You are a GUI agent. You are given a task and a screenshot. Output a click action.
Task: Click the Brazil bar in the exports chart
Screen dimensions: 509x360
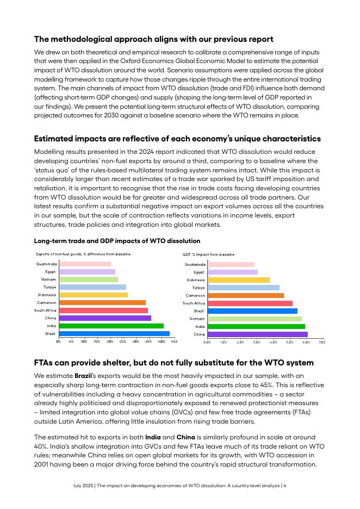tap(114, 333)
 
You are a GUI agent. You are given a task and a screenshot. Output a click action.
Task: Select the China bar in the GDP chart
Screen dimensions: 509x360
tap(257, 334)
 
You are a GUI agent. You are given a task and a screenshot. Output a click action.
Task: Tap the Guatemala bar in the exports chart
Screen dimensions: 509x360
tap(85, 264)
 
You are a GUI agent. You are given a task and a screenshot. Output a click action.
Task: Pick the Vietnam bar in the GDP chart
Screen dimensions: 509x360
tap(255, 319)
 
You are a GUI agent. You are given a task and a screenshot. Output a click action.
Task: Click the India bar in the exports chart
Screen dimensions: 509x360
tap(111, 326)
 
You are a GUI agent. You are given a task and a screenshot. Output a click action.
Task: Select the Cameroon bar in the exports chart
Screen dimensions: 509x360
tap(102, 302)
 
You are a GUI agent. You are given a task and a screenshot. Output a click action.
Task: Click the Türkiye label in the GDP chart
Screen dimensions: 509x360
tap(198, 288)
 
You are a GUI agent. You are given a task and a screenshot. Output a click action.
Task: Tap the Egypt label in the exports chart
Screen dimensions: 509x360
tap(50, 271)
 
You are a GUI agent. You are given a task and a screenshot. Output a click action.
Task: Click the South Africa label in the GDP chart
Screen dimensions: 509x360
tap(194, 303)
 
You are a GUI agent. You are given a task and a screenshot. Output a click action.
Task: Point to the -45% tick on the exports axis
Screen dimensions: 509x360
tap(173, 342)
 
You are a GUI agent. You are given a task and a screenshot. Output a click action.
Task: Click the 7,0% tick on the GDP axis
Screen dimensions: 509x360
tap(322, 343)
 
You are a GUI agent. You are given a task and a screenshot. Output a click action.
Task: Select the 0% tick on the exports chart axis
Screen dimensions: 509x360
tap(59, 342)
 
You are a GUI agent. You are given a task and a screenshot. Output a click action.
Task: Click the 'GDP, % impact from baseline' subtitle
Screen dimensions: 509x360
tap(208, 254)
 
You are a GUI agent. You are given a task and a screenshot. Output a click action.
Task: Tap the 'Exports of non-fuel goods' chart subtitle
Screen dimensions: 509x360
tap(83, 254)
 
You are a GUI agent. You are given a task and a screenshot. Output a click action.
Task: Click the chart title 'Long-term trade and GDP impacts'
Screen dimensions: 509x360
tap(117, 240)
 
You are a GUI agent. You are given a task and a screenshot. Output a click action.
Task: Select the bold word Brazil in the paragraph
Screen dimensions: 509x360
tap(83, 376)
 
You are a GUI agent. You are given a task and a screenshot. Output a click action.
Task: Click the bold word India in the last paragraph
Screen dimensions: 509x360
tap(153, 437)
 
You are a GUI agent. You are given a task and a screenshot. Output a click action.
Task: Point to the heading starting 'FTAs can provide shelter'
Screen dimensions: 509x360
tap(173, 362)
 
